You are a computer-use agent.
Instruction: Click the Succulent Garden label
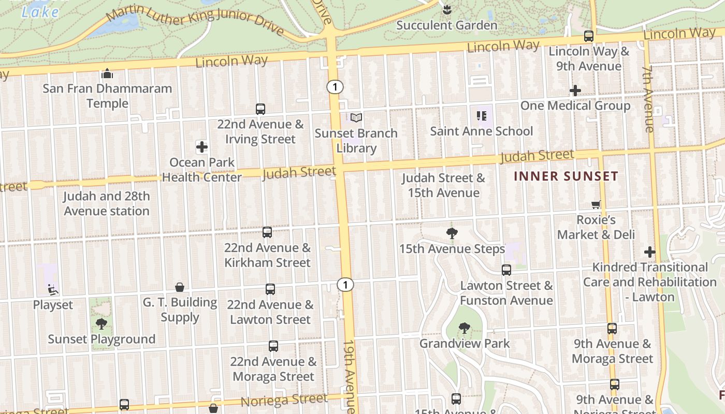pyautogui.click(x=446, y=25)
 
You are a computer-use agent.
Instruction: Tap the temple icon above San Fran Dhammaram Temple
pyautogui.click(x=107, y=74)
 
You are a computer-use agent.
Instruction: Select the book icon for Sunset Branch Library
pyautogui.click(x=356, y=118)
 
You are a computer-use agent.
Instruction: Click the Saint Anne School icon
pyautogui.click(x=481, y=116)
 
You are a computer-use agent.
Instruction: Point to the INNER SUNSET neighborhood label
pyautogui.click(x=566, y=176)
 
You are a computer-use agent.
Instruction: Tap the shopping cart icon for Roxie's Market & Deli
pyautogui.click(x=596, y=205)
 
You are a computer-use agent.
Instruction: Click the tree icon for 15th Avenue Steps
pyautogui.click(x=452, y=233)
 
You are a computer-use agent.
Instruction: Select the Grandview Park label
pyautogui.click(x=465, y=343)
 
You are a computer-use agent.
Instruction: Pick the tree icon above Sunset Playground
pyautogui.click(x=102, y=324)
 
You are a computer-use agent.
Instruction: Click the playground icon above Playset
pyautogui.click(x=53, y=289)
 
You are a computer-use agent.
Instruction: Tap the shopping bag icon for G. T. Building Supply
pyautogui.click(x=180, y=287)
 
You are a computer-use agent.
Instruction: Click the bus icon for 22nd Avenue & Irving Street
pyautogui.click(x=260, y=109)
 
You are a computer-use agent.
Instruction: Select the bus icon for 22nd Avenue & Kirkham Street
pyautogui.click(x=267, y=232)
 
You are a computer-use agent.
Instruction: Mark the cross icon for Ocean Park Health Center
pyautogui.click(x=202, y=147)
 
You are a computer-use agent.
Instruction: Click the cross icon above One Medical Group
pyautogui.click(x=575, y=91)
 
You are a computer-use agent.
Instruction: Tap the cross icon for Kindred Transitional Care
pyautogui.click(x=650, y=252)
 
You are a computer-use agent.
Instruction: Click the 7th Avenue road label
pyautogui.click(x=648, y=98)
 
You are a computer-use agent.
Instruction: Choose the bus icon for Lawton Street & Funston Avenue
pyautogui.click(x=506, y=270)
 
